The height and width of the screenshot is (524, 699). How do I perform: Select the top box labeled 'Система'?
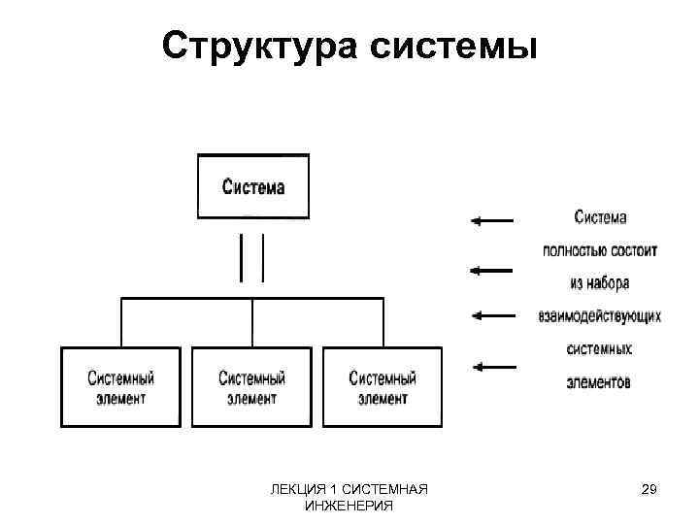(253, 186)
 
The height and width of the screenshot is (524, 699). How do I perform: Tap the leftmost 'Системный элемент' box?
(121, 387)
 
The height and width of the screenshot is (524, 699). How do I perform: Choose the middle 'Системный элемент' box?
(252, 387)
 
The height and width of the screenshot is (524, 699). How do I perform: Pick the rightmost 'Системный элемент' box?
(383, 387)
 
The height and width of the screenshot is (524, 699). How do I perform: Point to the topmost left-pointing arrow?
(492, 221)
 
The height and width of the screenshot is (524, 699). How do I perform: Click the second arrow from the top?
(492, 269)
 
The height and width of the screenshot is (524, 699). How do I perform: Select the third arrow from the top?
(492, 314)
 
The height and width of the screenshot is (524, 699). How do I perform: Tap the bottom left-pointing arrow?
(492, 366)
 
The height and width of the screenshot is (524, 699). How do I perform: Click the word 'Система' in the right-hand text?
(600, 217)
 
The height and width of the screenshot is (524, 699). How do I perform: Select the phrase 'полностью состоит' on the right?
(600, 250)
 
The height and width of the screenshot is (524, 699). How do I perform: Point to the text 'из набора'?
(600, 283)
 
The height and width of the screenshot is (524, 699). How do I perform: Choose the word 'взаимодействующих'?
(600, 315)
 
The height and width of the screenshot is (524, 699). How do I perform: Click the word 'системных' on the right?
(600, 348)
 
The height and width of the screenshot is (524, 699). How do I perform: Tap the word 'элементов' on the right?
(600, 381)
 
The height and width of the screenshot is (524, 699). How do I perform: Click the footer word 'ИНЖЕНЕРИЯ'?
(349, 506)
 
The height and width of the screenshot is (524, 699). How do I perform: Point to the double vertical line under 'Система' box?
(252, 257)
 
